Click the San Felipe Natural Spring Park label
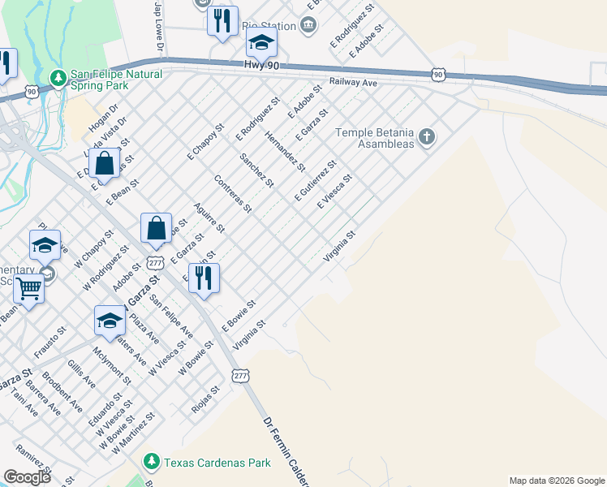(x=116, y=79)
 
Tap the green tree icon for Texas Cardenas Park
(x=151, y=463)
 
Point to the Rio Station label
(x=269, y=25)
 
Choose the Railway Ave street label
(x=354, y=83)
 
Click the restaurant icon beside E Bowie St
(x=204, y=278)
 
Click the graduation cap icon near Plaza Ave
(x=110, y=321)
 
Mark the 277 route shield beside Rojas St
(x=240, y=376)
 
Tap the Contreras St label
(x=232, y=194)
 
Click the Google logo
(x=28, y=476)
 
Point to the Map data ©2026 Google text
(x=556, y=481)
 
